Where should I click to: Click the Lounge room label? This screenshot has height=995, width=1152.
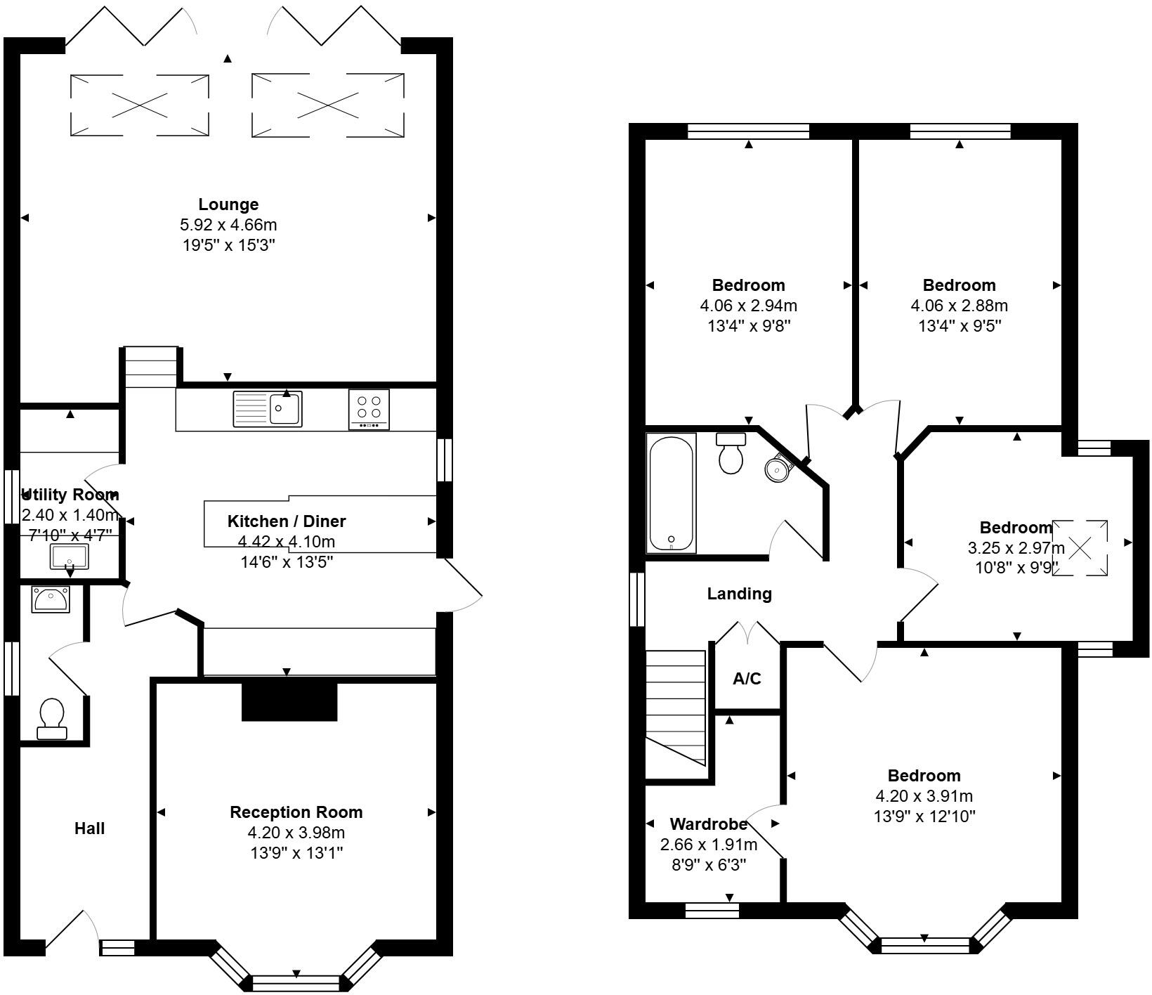(228, 204)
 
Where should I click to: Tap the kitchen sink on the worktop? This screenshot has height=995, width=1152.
(268, 409)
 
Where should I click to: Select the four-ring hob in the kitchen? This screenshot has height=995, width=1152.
(369, 409)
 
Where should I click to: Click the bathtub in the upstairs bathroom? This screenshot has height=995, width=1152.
(672, 493)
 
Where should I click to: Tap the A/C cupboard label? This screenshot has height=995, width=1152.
(747, 679)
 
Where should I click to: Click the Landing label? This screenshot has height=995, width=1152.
(739, 594)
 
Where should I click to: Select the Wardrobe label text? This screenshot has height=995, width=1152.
(709, 824)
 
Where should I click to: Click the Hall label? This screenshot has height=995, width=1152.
(90, 828)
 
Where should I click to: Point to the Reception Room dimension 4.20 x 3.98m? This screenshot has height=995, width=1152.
(296, 833)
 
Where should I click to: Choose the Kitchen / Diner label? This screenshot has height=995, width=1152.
(287, 521)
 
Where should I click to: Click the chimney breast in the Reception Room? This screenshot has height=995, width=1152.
(289, 701)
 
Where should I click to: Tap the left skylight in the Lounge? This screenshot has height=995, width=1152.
(140, 105)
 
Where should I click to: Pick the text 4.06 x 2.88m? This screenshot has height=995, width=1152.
(960, 306)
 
